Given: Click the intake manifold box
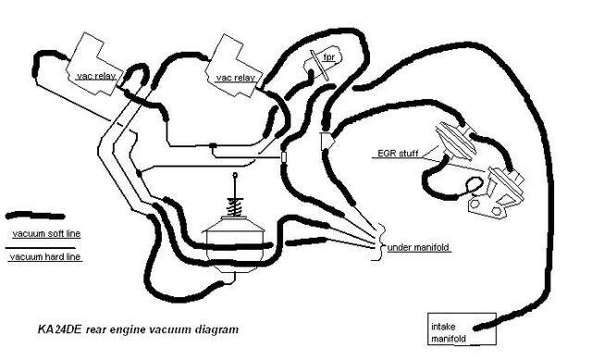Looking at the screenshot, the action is click(454, 330).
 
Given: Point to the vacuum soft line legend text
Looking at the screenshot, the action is click(46, 233).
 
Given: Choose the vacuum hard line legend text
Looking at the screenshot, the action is click(46, 256).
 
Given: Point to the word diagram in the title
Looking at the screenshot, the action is click(205, 329).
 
